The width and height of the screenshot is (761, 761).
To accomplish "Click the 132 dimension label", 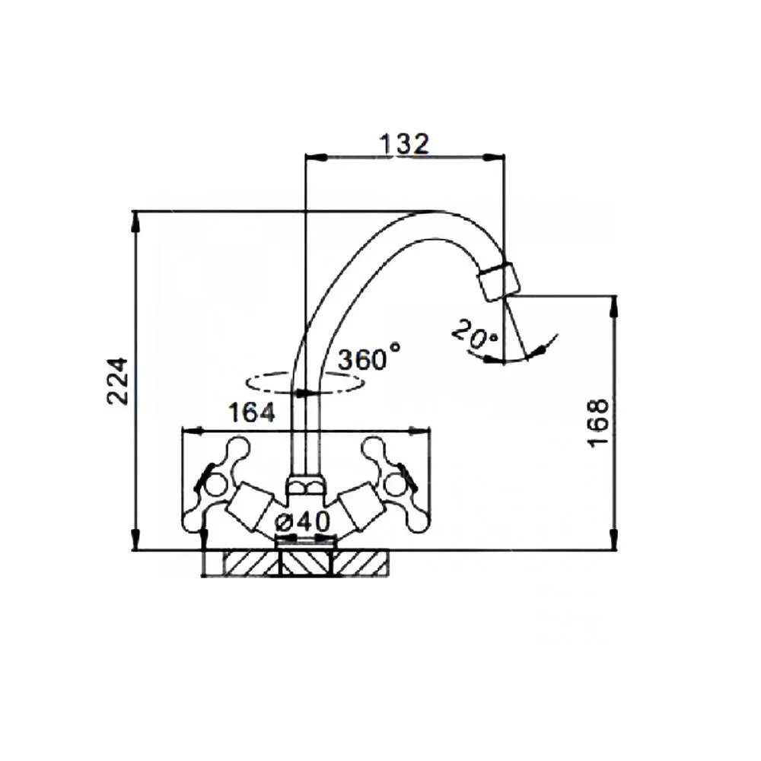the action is pyautogui.click(x=404, y=144).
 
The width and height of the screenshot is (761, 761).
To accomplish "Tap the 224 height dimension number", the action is pyautogui.click(x=117, y=381).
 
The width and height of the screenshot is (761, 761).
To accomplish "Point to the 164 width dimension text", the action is pyautogui.click(x=251, y=413).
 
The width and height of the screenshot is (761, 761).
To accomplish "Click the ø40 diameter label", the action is pyautogui.click(x=302, y=522).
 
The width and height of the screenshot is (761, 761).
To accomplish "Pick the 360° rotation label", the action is pyautogui.click(x=370, y=358).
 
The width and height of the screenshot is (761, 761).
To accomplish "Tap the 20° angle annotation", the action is pyautogui.click(x=475, y=335).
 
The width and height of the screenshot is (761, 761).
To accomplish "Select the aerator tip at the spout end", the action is pyautogui.click(x=498, y=282).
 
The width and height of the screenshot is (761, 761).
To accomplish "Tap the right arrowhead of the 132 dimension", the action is pyautogui.click(x=494, y=156).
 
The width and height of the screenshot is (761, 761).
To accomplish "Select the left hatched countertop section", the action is pyautogui.click(x=252, y=563).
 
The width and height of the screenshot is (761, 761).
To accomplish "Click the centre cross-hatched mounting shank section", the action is pyautogui.click(x=306, y=563).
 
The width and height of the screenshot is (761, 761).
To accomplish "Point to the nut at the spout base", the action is pyautogui.click(x=306, y=486).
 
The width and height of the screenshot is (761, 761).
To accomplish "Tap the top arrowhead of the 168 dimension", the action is pyautogui.click(x=614, y=307).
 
